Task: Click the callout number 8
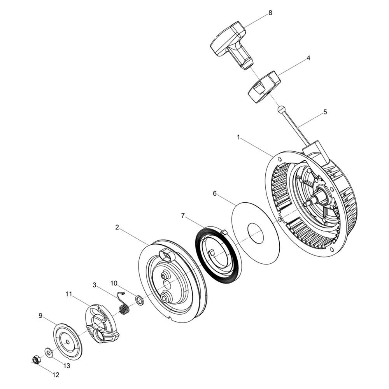(x=270, y=13)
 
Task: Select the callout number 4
(x=308, y=58)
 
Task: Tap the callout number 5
(x=325, y=112)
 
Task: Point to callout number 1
(x=239, y=137)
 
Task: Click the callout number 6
(x=215, y=193)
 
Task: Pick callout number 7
(x=183, y=216)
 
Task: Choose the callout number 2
(x=117, y=227)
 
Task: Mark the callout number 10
(x=114, y=283)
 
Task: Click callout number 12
(x=56, y=375)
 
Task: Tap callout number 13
(x=67, y=365)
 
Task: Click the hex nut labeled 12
(x=35, y=360)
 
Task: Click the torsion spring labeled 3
(x=123, y=304)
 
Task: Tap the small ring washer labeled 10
(x=139, y=300)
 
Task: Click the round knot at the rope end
(x=281, y=109)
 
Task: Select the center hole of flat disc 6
(x=256, y=233)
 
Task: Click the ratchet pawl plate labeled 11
(x=102, y=324)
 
